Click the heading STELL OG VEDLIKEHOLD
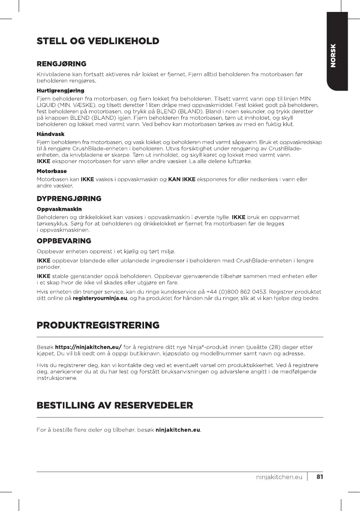click(98, 41)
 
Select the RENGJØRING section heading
click(61, 64)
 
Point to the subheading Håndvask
click(51, 134)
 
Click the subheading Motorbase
click(52, 171)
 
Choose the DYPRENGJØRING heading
click(69, 198)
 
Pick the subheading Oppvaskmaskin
click(59, 209)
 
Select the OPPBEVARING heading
click(64, 241)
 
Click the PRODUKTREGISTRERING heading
click(98, 326)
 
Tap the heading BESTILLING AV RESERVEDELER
click(115, 406)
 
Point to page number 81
click(319, 476)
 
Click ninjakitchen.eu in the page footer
click(279, 477)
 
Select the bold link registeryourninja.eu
click(99, 298)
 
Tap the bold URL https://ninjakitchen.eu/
click(88, 347)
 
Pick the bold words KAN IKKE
click(181, 180)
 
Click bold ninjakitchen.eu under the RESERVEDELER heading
click(178, 430)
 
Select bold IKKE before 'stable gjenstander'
click(43, 276)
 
